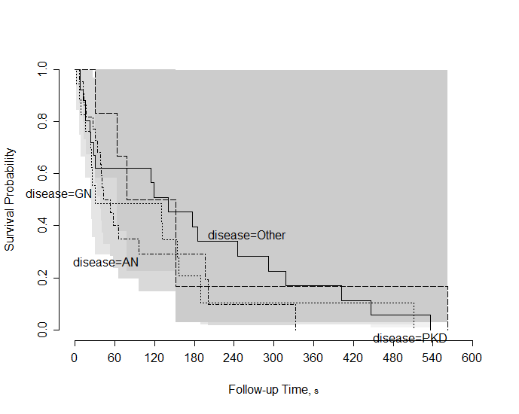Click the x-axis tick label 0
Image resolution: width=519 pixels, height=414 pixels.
coord(75,358)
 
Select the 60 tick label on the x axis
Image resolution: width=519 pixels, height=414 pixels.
coord(114,358)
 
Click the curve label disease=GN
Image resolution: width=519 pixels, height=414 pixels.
coord(59,193)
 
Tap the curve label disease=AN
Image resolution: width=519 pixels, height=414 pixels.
coord(105,263)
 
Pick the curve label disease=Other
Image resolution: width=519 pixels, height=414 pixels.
coord(247,236)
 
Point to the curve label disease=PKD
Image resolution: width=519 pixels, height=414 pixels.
coord(411,338)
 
